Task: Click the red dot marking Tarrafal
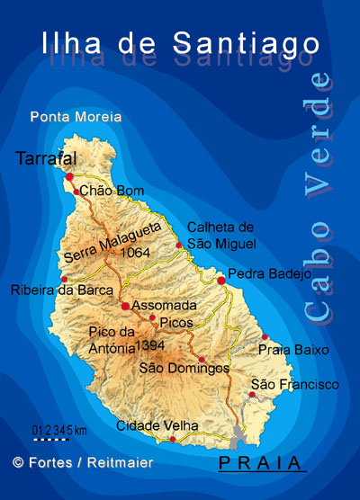(x=69, y=177)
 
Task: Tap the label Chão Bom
(x=112, y=191)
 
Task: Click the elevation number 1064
(x=132, y=253)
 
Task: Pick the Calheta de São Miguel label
(x=221, y=236)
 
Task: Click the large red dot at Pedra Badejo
(x=221, y=281)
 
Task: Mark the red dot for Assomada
(x=125, y=307)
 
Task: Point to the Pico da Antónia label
(x=112, y=340)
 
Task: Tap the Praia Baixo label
(x=293, y=349)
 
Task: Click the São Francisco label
(x=295, y=385)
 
